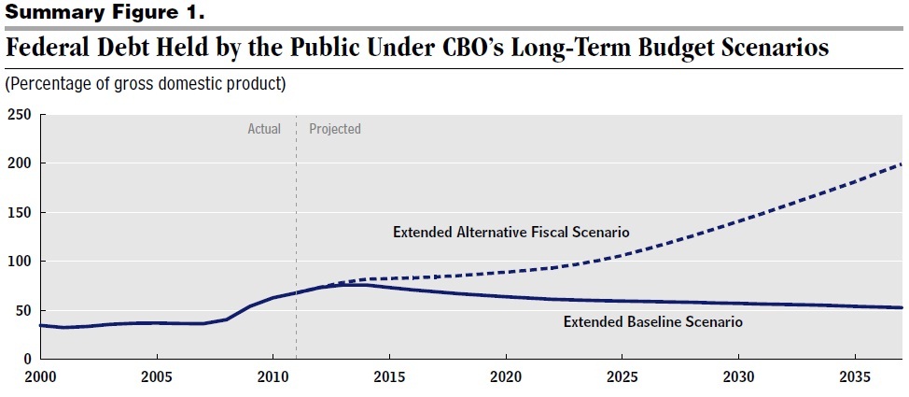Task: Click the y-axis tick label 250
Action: pyautogui.click(x=19, y=115)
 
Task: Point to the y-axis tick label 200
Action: pyautogui.click(x=19, y=163)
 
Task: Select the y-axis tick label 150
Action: pyautogui.click(x=19, y=212)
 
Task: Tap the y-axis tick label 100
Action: pyautogui.click(x=19, y=262)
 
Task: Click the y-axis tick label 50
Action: pyautogui.click(x=22, y=310)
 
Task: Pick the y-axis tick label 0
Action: pyautogui.click(x=26, y=359)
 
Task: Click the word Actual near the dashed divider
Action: pyautogui.click(x=264, y=129)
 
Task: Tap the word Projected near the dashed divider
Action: pyautogui.click(x=334, y=129)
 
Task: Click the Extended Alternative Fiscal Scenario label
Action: pyautogui.click(x=510, y=232)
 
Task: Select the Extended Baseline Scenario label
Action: pyautogui.click(x=652, y=322)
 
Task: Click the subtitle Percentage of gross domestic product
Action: pyautogui.click(x=146, y=84)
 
